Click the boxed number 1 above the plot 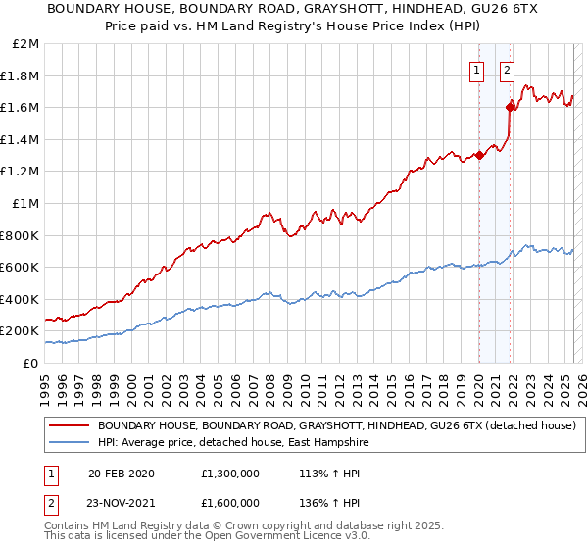(x=477, y=70)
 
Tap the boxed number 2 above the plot (x=508, y=70)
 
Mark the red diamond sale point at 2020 (x=479, y=155)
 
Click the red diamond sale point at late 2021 (x=510, y=107)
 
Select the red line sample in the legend (x=70, y=424)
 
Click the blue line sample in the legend (x=70, y=442)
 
